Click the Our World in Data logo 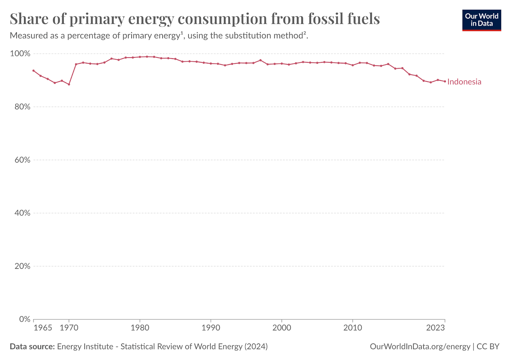481,20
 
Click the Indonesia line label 464,82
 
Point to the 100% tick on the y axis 20,53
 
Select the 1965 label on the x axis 43,328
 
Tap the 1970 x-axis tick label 69,328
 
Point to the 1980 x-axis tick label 140,328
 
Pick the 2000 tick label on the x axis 282,328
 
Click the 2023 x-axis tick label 436,328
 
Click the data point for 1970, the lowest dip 69,84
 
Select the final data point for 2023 445,81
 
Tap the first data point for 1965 34,71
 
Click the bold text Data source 32,347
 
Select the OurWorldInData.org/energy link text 420,347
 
